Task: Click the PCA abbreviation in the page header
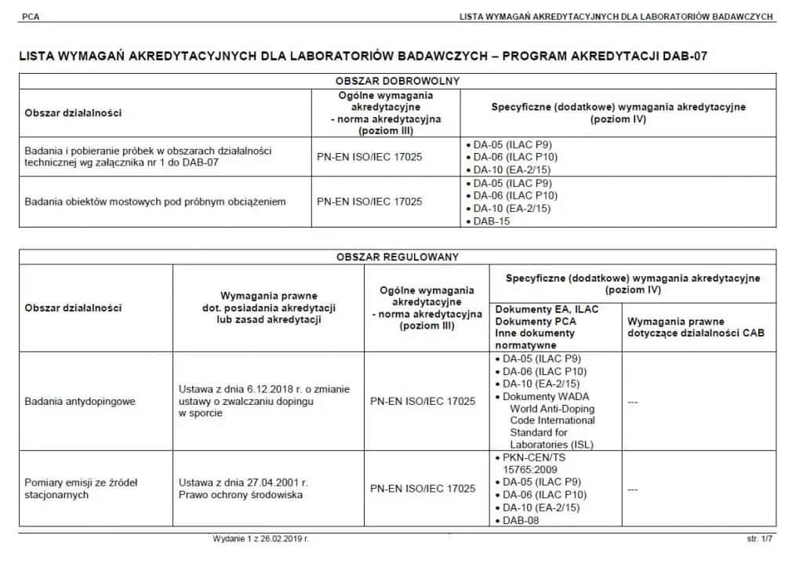point(31,16)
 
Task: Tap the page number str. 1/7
point(759,540)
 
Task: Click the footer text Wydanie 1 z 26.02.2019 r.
point(260,540)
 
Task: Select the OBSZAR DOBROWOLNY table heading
point(398,81)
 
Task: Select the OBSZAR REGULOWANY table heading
point(398,257)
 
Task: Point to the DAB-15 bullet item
point(492,221)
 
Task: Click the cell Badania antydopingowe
point(80,401)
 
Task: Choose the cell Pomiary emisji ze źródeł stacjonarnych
point(81,489)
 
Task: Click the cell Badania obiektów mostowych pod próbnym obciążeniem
point(155,202)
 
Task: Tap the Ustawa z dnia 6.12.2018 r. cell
point(264,401)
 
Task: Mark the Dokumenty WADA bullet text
point(545,396)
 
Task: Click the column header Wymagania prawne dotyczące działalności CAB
point(696,327)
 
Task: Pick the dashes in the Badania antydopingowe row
point(633,402)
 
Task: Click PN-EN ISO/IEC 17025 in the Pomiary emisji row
point(423,488)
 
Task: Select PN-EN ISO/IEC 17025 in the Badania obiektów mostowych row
point(369,202)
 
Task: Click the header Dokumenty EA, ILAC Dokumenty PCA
point(547,315)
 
